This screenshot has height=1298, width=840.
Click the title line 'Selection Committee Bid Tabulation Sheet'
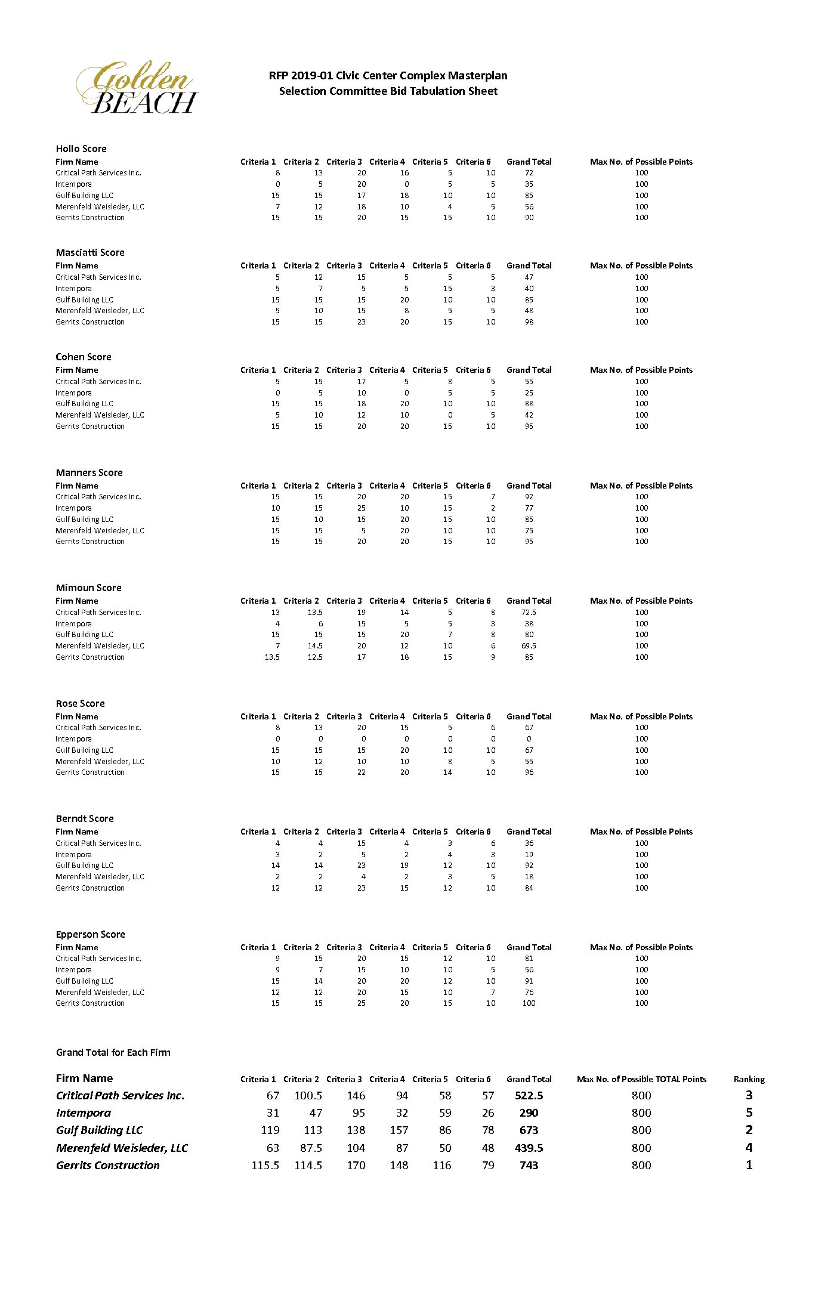click(388, 91)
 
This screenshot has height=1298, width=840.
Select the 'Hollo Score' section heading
click(81, 149)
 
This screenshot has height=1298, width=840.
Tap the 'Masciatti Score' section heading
click(90, 252)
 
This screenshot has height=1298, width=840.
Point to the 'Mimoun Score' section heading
click(88, 588)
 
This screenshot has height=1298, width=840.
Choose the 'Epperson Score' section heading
click(90, 934)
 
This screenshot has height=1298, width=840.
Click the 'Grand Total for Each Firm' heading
click(113, 1052)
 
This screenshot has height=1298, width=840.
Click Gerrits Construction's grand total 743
click(529, 1165)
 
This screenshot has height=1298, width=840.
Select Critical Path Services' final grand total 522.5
click(529, 1095)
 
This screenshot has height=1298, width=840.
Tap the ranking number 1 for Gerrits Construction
click(749, 1164)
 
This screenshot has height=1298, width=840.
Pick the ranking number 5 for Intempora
click(749, 1112)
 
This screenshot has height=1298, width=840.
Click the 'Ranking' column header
click(749, 1079)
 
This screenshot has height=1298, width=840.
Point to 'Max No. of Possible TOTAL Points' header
click(641, 1079)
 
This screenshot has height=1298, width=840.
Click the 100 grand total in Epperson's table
click(529, 1003)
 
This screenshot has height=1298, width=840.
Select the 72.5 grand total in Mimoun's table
click(529, 612)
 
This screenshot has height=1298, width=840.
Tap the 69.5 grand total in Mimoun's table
click(529, 645)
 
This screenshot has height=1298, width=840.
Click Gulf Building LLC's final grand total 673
click(529, 1130)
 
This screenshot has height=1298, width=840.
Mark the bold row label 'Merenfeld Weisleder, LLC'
click(122, 1148)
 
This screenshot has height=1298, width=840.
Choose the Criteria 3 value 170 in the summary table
click(356, 1165)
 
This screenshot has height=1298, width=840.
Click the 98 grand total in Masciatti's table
click(529, 322)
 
